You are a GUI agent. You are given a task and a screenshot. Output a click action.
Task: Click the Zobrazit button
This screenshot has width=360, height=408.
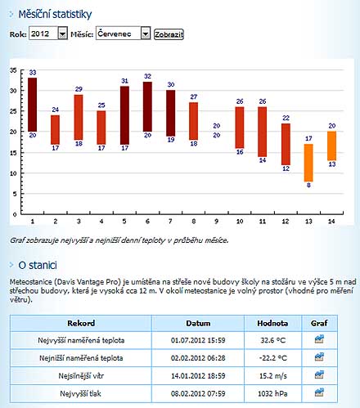click(x=169, y=34)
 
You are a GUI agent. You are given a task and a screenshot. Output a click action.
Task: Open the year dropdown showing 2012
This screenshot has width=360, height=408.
click(x=48, y=34)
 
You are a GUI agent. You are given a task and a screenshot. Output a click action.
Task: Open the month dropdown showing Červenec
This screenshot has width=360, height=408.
click(x=123, y=34)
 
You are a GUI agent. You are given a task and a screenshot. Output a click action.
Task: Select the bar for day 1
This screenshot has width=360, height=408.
click(x=33, y=105)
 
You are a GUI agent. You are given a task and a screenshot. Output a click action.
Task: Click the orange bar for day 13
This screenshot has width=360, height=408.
click(x=308, y=163)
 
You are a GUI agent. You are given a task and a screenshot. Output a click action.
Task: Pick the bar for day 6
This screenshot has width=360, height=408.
click(x=147, y=106)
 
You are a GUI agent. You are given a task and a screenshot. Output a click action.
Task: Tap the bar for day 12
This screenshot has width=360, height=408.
click(x=286, y=144)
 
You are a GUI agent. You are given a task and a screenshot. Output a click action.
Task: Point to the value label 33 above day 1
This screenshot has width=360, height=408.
click(x=33, y=73)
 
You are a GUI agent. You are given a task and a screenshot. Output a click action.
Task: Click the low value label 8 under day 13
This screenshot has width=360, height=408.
click(x=308, y=185)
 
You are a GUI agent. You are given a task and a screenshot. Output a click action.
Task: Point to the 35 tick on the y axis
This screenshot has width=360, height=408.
click(x=13, y=70)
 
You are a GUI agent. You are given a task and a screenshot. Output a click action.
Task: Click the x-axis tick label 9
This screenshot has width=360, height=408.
click(x=217, y=222)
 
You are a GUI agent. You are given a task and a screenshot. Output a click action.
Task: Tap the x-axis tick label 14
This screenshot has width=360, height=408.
click(x=331, y=222)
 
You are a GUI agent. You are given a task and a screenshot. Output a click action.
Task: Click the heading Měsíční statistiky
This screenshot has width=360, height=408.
click(x=55, y=15)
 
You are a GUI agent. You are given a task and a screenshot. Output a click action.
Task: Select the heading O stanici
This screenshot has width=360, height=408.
click(x=38, y=265)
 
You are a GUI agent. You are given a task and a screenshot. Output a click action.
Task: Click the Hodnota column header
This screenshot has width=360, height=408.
click(x=272, y=323)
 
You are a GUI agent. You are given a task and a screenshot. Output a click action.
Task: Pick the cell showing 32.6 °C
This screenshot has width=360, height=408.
click(x=272, y=340)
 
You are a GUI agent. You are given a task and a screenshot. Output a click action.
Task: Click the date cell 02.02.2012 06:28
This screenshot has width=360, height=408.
click(x=198, y=358)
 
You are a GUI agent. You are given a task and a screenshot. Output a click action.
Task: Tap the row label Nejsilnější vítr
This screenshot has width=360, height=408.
click(x=81, y=376)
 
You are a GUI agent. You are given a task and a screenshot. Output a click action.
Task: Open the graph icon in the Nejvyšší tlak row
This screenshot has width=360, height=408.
click(x=319, y=392)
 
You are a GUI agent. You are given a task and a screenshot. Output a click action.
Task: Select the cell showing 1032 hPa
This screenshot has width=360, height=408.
click(x=272, y=393)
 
